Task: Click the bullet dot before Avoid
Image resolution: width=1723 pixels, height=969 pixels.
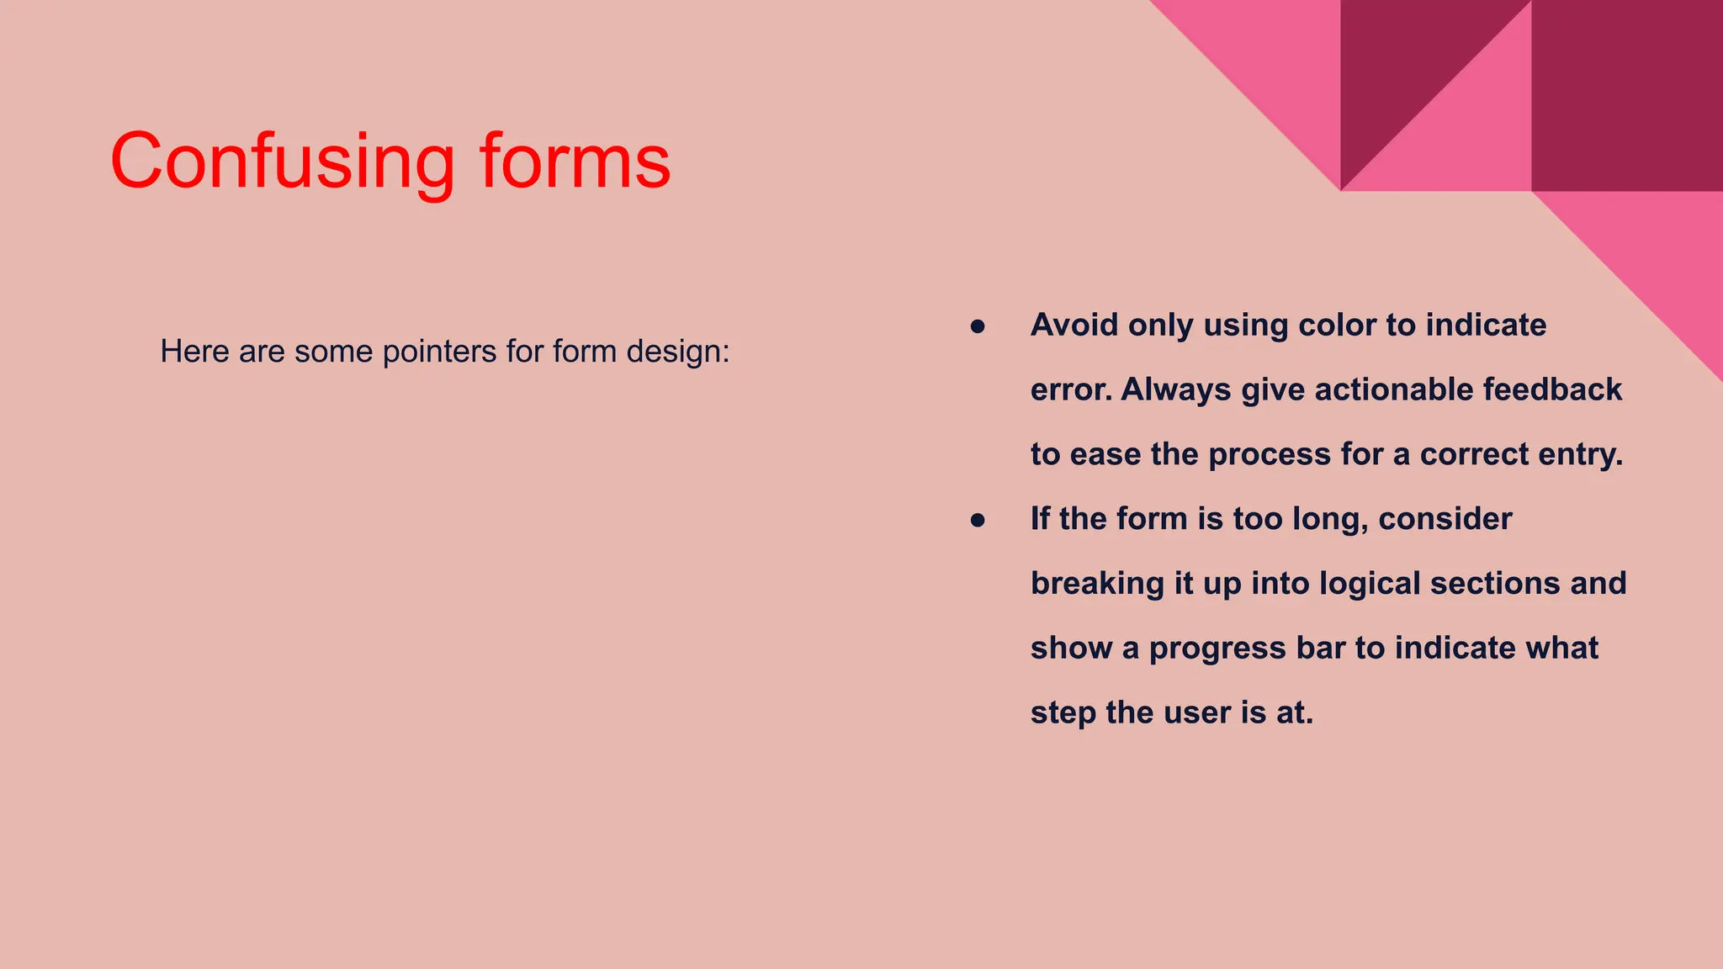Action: tap(977, 326)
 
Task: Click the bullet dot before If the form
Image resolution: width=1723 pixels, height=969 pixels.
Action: tap(977, 520)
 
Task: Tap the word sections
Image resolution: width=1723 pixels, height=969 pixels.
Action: tap(1483, 584)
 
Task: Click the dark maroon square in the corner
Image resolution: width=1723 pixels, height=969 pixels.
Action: tap(1626, 95)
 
